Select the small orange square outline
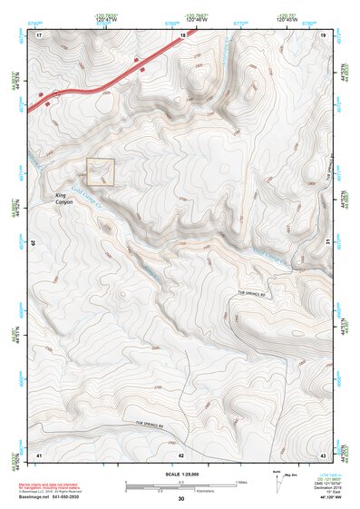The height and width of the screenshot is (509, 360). [101, 172]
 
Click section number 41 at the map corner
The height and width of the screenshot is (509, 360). [39, 454]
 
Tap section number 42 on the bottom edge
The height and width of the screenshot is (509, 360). [181, 454]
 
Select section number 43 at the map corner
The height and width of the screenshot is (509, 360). [323, 454]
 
